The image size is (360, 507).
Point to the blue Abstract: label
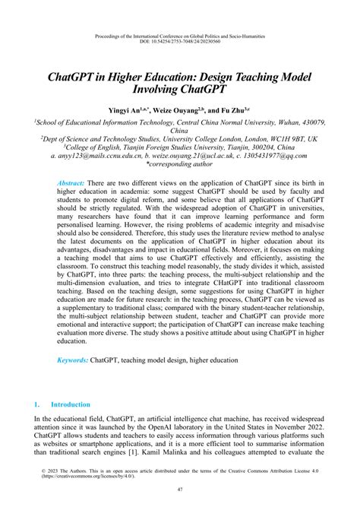coord(71,185)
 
